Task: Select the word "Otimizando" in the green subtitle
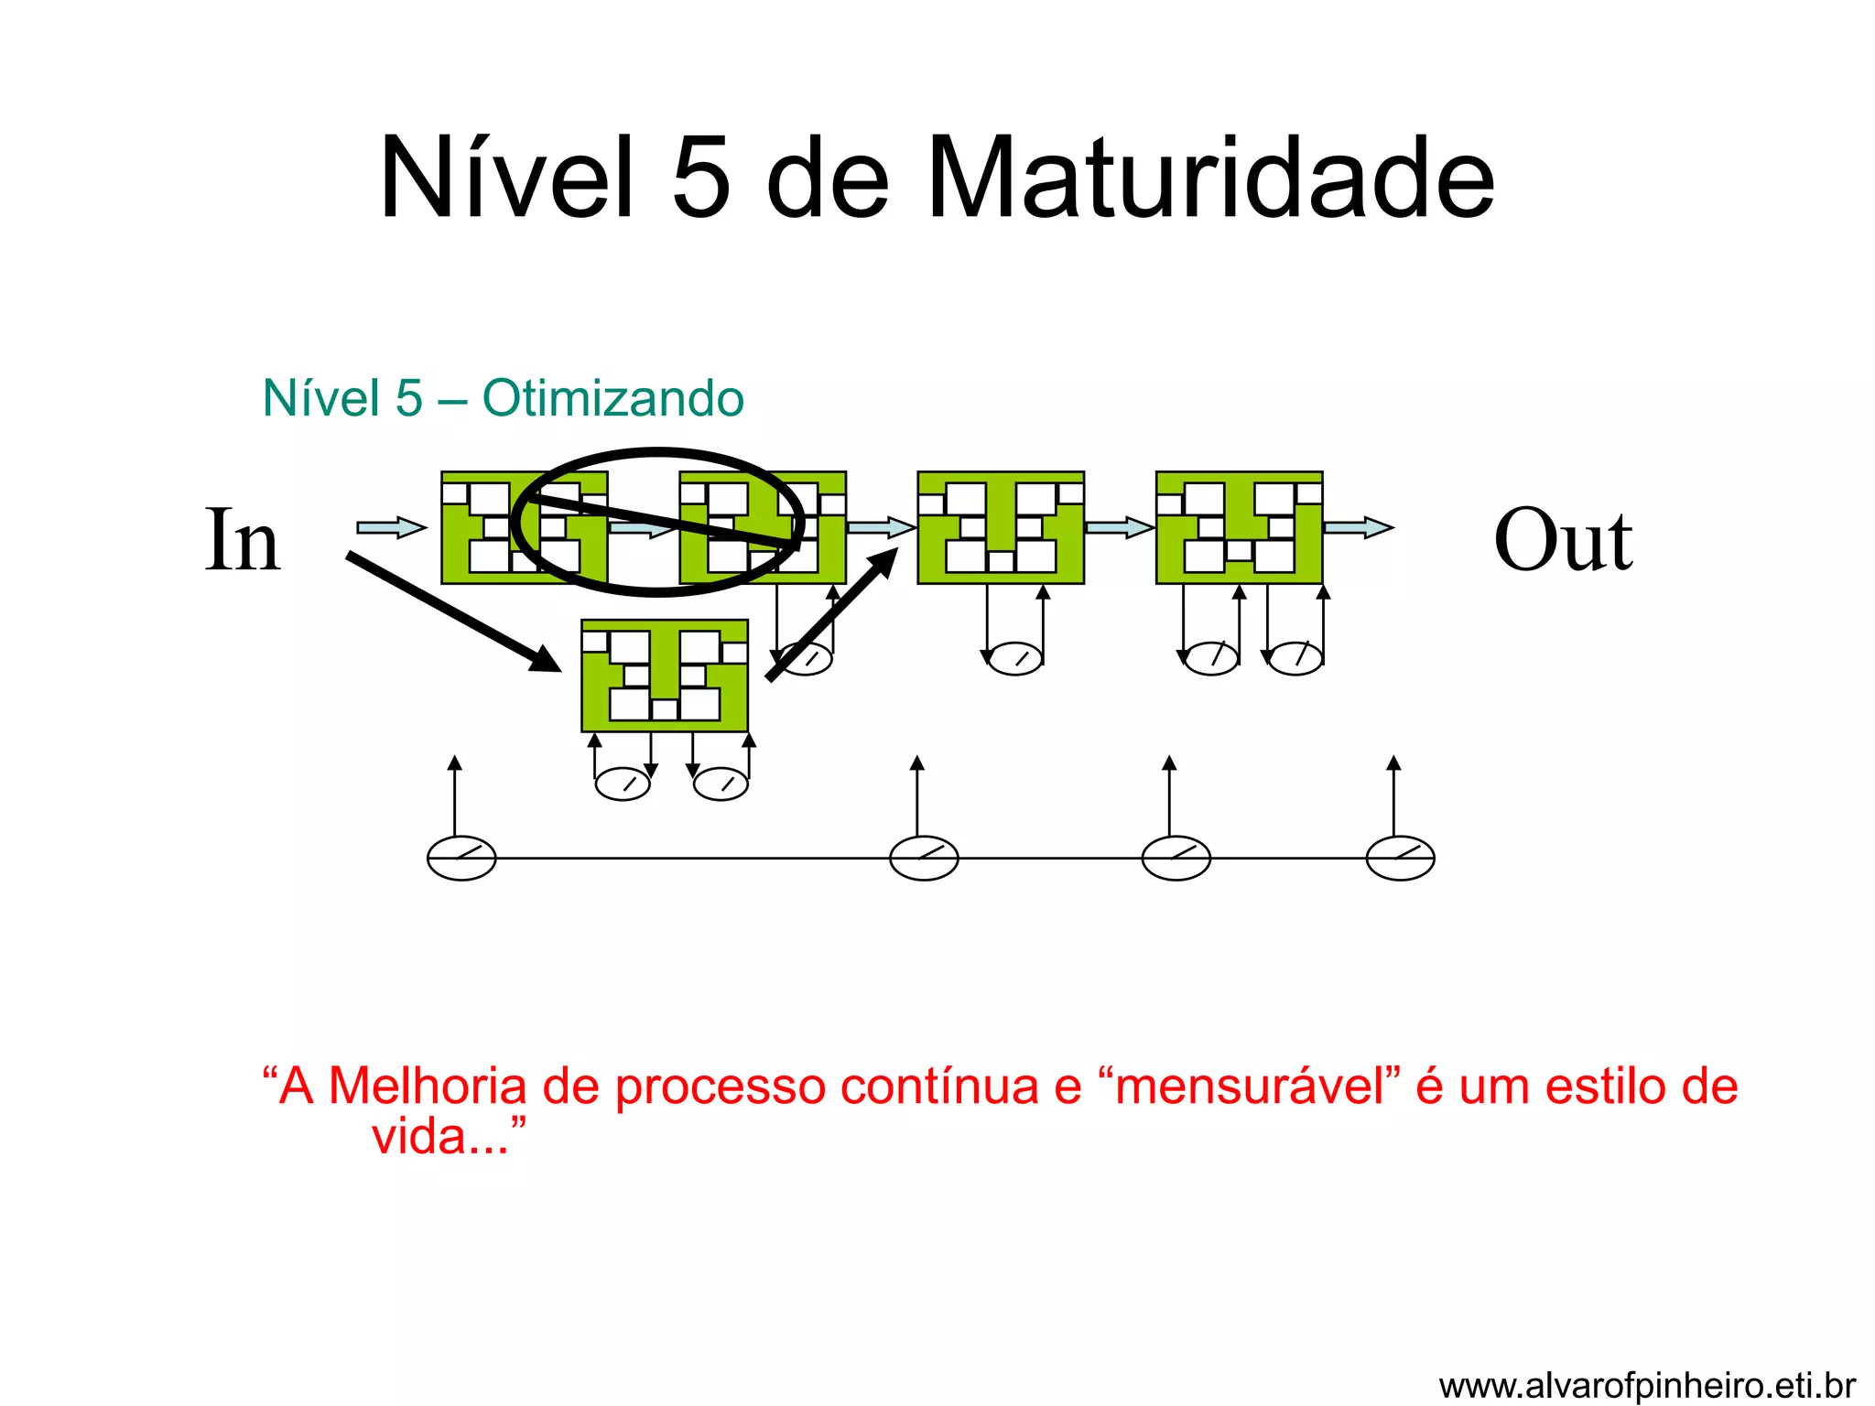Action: click(612, 399)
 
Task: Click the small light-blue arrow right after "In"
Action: click(391, 527)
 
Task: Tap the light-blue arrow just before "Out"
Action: click(1358, 527)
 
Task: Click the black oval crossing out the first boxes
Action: click(657, 453)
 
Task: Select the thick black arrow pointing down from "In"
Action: click(452, 611)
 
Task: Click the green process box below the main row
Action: click(665, 676)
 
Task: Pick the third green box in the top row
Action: click(1001, 527)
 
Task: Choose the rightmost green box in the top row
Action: click(1239, 527)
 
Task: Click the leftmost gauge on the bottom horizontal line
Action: click(461, 859)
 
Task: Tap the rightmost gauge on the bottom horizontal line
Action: click(1400, 859)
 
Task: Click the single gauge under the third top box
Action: click(1015, 659)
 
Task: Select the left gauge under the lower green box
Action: click(623, 784)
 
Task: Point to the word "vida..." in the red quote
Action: click(440, 1138)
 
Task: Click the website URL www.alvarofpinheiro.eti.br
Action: click(1647, 1386)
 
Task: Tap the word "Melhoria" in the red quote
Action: click(427, 1087)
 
